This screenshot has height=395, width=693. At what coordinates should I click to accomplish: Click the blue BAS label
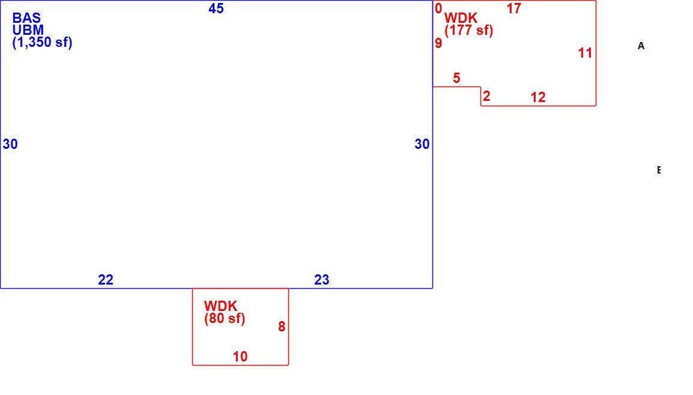coord(26,18)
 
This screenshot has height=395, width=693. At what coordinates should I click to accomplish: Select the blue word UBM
coord(28,30)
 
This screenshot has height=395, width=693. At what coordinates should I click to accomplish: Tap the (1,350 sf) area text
coord(43,43)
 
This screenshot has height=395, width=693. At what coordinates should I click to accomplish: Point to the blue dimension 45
coord(216,8)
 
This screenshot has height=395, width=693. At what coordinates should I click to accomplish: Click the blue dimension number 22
coord(106,280)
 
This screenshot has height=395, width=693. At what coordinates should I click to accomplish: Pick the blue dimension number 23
coord(322,280)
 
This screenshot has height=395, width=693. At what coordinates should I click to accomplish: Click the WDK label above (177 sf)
coord(461,18)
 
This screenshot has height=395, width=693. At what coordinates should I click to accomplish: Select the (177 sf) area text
coord(469,31)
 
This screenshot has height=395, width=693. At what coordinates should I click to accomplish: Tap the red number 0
coord(438,8)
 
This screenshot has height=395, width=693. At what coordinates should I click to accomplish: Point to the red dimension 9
coord(438,43)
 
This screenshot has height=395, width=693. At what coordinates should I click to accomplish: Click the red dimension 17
coord(514,8)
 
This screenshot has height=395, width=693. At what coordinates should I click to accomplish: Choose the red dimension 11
coord(585,53)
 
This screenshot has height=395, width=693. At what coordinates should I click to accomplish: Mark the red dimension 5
coord(456,78)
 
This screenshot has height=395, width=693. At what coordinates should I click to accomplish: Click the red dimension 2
coord(486,96)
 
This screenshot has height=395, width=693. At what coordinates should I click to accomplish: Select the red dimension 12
coord(538,97)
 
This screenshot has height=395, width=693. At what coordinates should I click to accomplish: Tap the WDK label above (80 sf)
coord(220,306)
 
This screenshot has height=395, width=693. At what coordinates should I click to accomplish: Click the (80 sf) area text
coord(225,319)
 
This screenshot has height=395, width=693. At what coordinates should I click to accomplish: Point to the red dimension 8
coord(282,327)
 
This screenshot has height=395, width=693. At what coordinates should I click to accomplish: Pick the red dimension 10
coord(240,357)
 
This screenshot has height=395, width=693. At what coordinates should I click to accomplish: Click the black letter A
coord(641,46)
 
